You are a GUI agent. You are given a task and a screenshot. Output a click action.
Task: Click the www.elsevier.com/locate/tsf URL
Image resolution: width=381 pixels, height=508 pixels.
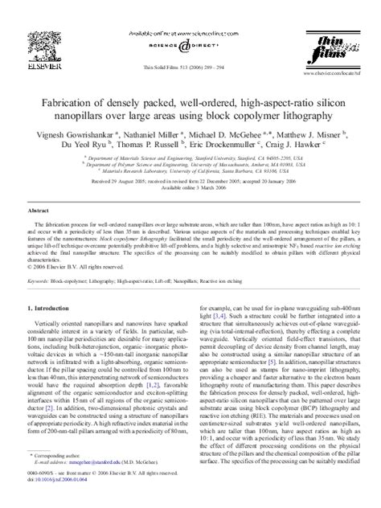(339, 59)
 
